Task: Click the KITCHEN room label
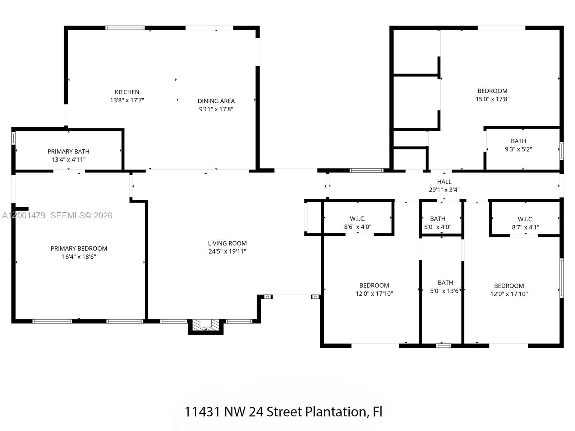click(x=127, y=92)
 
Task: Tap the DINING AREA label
click(x=216, y=101)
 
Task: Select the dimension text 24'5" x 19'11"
click(x=227, y=251)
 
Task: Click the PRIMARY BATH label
click(x=68, y=152)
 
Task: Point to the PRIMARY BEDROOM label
click(x=79, y=249)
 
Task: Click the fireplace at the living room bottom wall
click(x=206, y=325)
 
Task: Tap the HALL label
click(x=444, y=182)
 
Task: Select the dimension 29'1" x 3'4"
click(x=444, y=190)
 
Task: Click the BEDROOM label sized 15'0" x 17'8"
click(x=492, y=91)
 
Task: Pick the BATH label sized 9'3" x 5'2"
click(x=518, y=141)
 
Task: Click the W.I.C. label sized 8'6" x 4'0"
click(x=358, y=219)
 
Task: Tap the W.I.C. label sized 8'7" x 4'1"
click(x=525, y=219)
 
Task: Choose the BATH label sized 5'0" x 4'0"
click(x=438, y=219)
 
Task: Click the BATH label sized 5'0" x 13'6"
click(x=445, y=283)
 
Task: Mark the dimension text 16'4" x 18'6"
click(x=79, y=257)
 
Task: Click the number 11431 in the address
click(x=202, y=412)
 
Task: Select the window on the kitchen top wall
click(x=125, y=28)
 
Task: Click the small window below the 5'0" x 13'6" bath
click(x=443, y=346)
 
